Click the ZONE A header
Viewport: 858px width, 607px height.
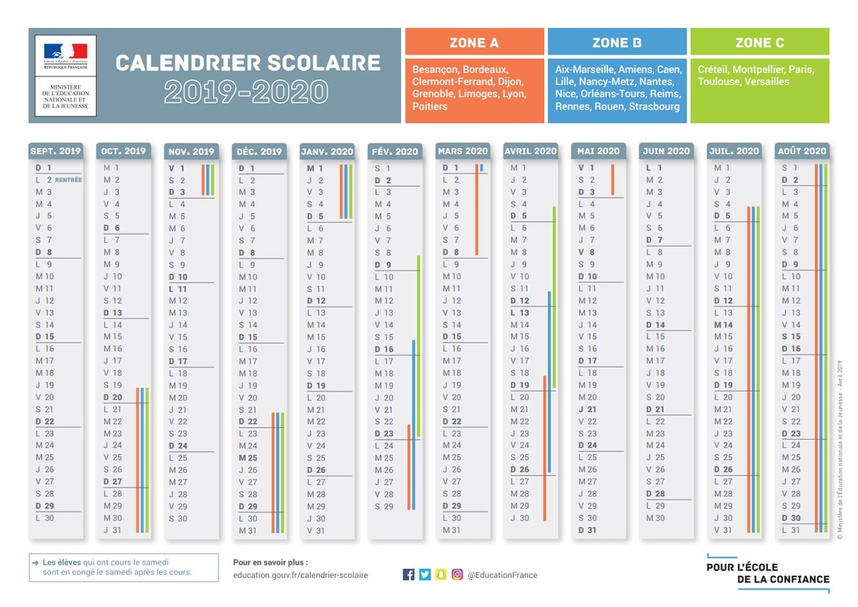pos(474,43)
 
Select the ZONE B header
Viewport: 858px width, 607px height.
pos(616,43)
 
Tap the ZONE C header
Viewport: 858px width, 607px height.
pos(759,43)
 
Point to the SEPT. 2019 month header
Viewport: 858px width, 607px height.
pos(56,151)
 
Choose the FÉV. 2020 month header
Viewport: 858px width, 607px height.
pos(395,151)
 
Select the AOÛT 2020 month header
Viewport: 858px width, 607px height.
pos(802,151)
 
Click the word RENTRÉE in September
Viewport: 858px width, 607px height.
pos(69,180)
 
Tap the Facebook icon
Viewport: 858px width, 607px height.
pos(409,574)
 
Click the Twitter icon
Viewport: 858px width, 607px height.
pos(425,574)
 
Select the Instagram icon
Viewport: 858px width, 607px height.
pos(457,574)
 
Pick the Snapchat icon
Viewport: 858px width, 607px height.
pos(441,574)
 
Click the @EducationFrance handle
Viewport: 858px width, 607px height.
pos(503,575)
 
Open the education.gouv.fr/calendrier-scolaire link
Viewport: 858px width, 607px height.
pos(300,575)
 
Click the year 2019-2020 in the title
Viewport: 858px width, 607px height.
pos(246,92)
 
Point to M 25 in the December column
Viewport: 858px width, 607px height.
pos(248,458)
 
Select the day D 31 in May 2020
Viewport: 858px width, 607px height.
pos(587,530)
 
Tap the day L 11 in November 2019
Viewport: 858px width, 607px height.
pos(178,289)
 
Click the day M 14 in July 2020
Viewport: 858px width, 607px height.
pos(724,325)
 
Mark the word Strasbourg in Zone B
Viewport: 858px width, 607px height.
pos(654,107)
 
